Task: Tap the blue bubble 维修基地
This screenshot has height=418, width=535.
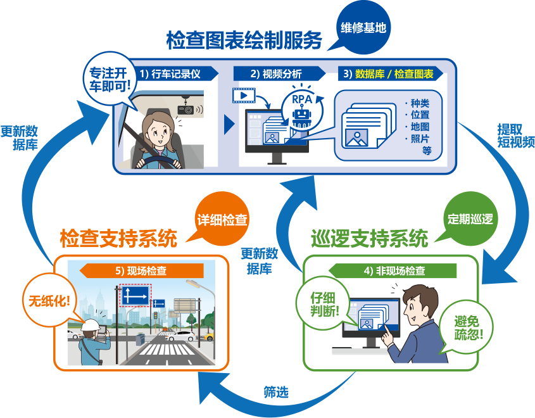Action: point(363,28)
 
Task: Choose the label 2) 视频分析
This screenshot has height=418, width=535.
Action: point(276,74)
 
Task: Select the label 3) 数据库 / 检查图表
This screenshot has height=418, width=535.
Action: point(393,74)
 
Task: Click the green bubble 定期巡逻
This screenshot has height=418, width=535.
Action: point(469,219)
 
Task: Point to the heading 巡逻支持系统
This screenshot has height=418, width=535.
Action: point(369,239)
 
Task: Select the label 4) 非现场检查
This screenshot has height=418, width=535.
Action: point(394,270)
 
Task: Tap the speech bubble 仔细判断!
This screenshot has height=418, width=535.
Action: point(322,304)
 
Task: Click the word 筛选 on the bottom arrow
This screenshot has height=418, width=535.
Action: point(276,392)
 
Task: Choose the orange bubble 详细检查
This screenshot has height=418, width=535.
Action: point(222,220)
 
